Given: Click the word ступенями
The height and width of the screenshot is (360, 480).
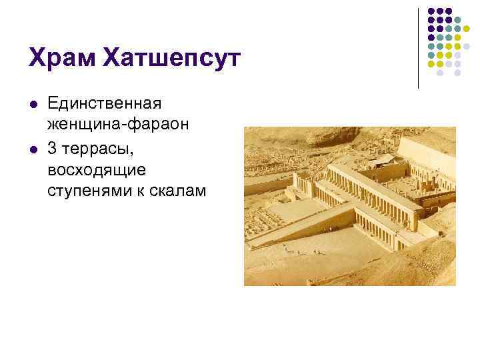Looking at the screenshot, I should [x=85, y=190].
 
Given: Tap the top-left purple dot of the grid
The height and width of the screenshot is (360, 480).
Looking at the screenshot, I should [x=431, y=11].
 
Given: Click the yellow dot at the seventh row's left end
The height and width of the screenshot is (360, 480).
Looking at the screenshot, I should [x=431, y=64].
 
